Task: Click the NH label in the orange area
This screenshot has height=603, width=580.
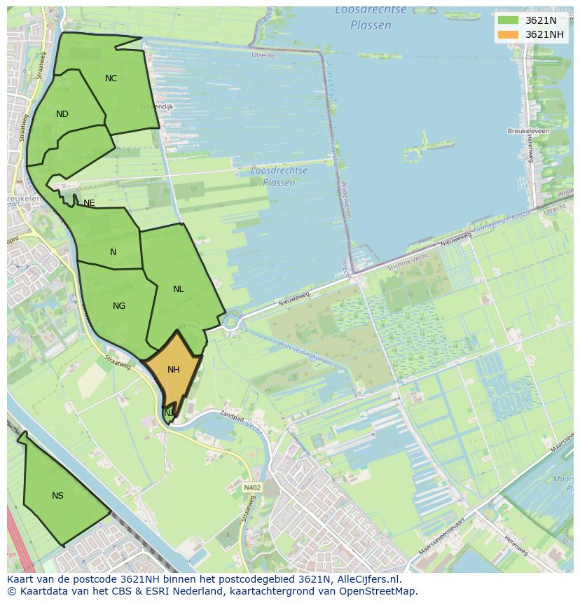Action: click(x=174, y=370)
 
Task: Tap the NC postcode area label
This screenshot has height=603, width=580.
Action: click(x=111, y=78)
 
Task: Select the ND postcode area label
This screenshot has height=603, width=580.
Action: click(x=62, y=114)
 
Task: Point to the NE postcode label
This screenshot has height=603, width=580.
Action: click(x=89, y=203)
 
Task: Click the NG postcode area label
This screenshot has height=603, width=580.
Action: click(x=119, y=306)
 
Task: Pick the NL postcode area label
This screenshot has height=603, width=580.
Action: click(x=179, y=289)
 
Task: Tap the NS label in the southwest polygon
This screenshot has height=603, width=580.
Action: click(x=57, y=496)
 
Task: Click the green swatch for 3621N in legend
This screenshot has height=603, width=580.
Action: click(x=508, y=20)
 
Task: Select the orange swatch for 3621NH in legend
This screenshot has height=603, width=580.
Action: click(x=508, y=34)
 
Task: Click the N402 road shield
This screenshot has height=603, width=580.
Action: click(x=252, y=487)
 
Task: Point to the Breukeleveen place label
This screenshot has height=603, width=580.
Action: click(x=528, y=131)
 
